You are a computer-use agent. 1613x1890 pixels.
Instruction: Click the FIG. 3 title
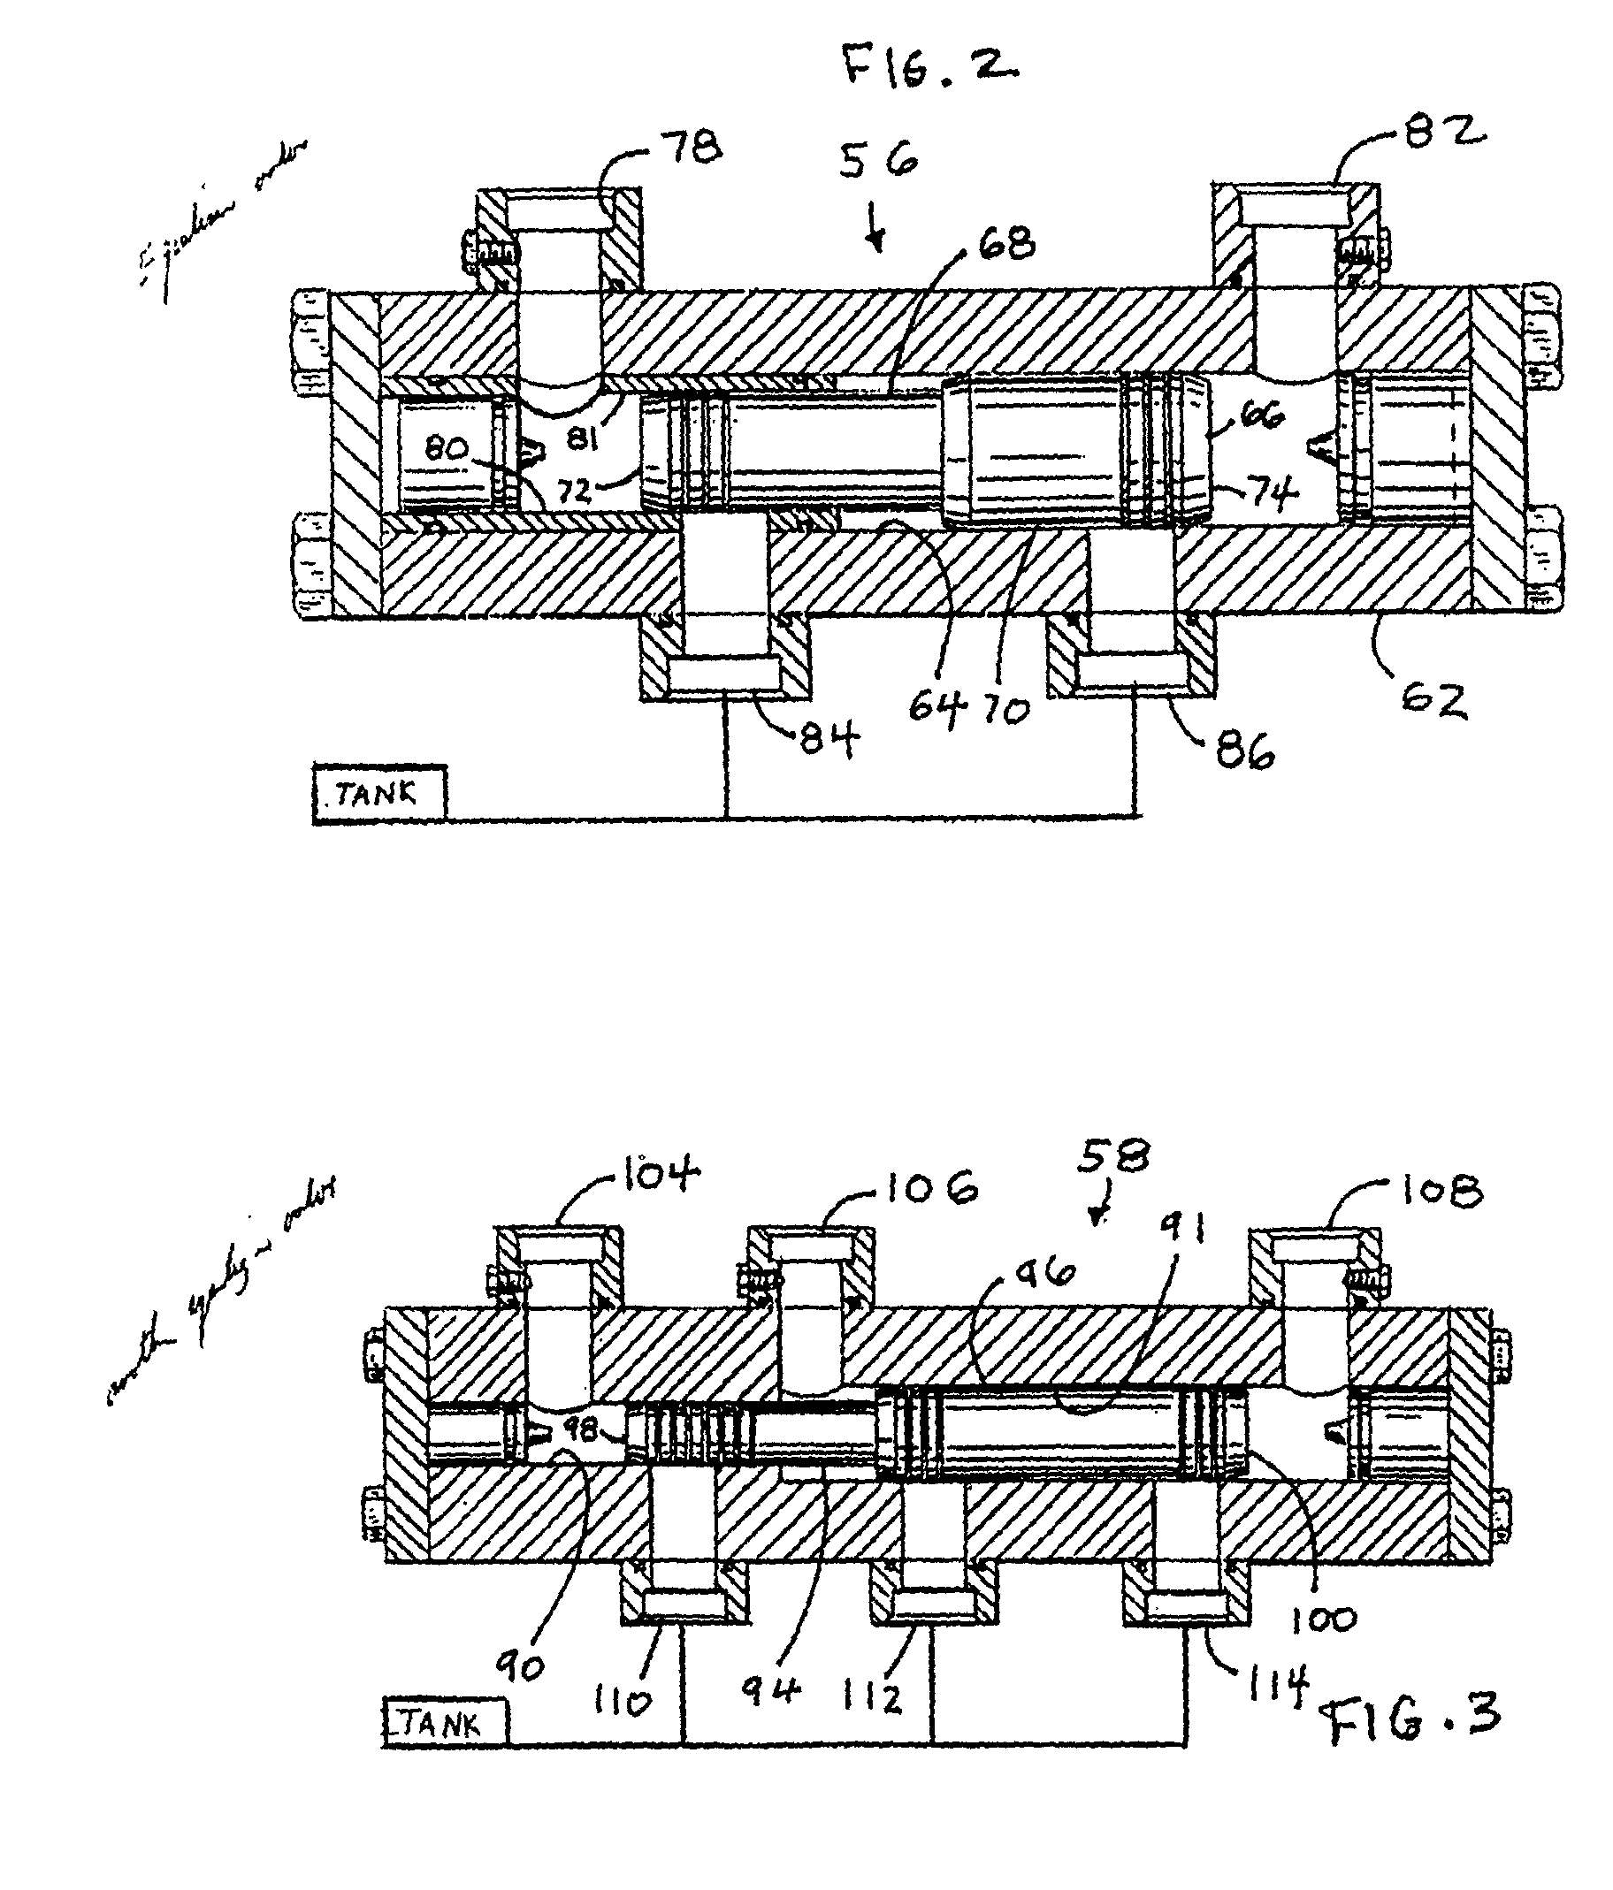(x=1412, y=1719)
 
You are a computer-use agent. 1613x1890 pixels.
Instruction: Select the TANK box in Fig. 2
(x=379, y=794)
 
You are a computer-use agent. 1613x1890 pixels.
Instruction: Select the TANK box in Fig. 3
(x=444, y=1723)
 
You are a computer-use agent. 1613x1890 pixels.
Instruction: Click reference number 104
(x=661, y=1174)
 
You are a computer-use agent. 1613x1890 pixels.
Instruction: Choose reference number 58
(x=1112, y=1157)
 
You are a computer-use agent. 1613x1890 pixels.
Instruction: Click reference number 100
(x=1326, y=1619)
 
